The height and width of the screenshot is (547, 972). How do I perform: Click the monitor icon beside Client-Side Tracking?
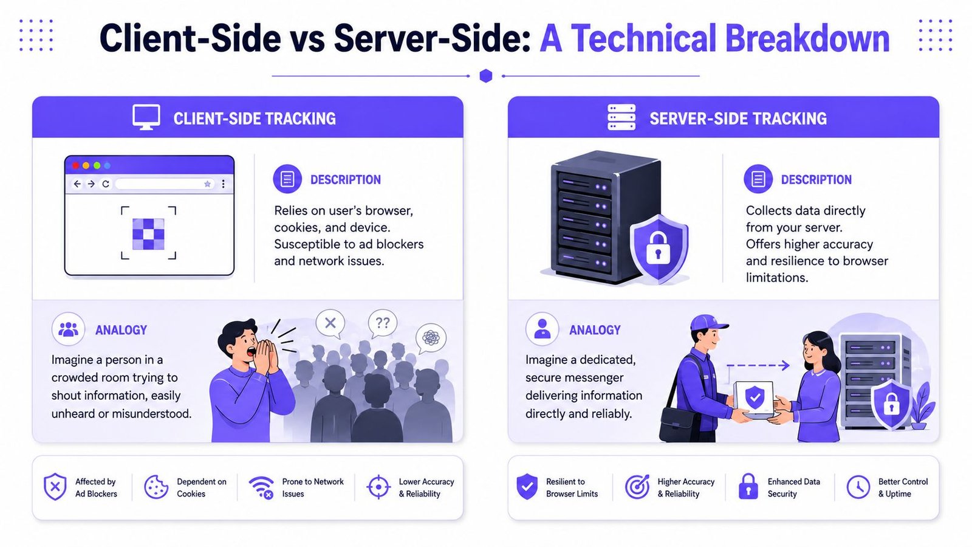point(146,117)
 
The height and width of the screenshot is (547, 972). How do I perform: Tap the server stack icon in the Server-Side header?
point(621,117)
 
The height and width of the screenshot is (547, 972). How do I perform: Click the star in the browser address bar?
point(207,184)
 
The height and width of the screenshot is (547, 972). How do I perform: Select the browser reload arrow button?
point(106,184)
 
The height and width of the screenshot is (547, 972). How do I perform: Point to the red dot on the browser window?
point(75,165)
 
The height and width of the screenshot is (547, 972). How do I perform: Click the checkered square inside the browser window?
point(148,234)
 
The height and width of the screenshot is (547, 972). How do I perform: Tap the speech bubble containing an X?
point(330,324)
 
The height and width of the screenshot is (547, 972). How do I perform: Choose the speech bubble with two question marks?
point(382,323)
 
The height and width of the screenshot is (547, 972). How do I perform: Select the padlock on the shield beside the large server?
point(659,248)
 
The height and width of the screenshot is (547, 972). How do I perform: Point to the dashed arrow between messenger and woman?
point(758,365)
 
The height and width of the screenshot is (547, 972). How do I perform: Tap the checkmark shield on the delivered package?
point(755,397)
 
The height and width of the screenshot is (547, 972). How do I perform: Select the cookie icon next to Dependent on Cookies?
point(156,487)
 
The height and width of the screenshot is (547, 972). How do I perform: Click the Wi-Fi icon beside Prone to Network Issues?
point(261,487)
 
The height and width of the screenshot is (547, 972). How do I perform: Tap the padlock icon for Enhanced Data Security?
point(748,486)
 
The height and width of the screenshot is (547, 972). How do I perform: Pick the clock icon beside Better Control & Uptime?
point(858,487)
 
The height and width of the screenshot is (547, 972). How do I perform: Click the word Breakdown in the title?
point(807,38)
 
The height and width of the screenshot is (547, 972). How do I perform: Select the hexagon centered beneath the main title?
point(486,75)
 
